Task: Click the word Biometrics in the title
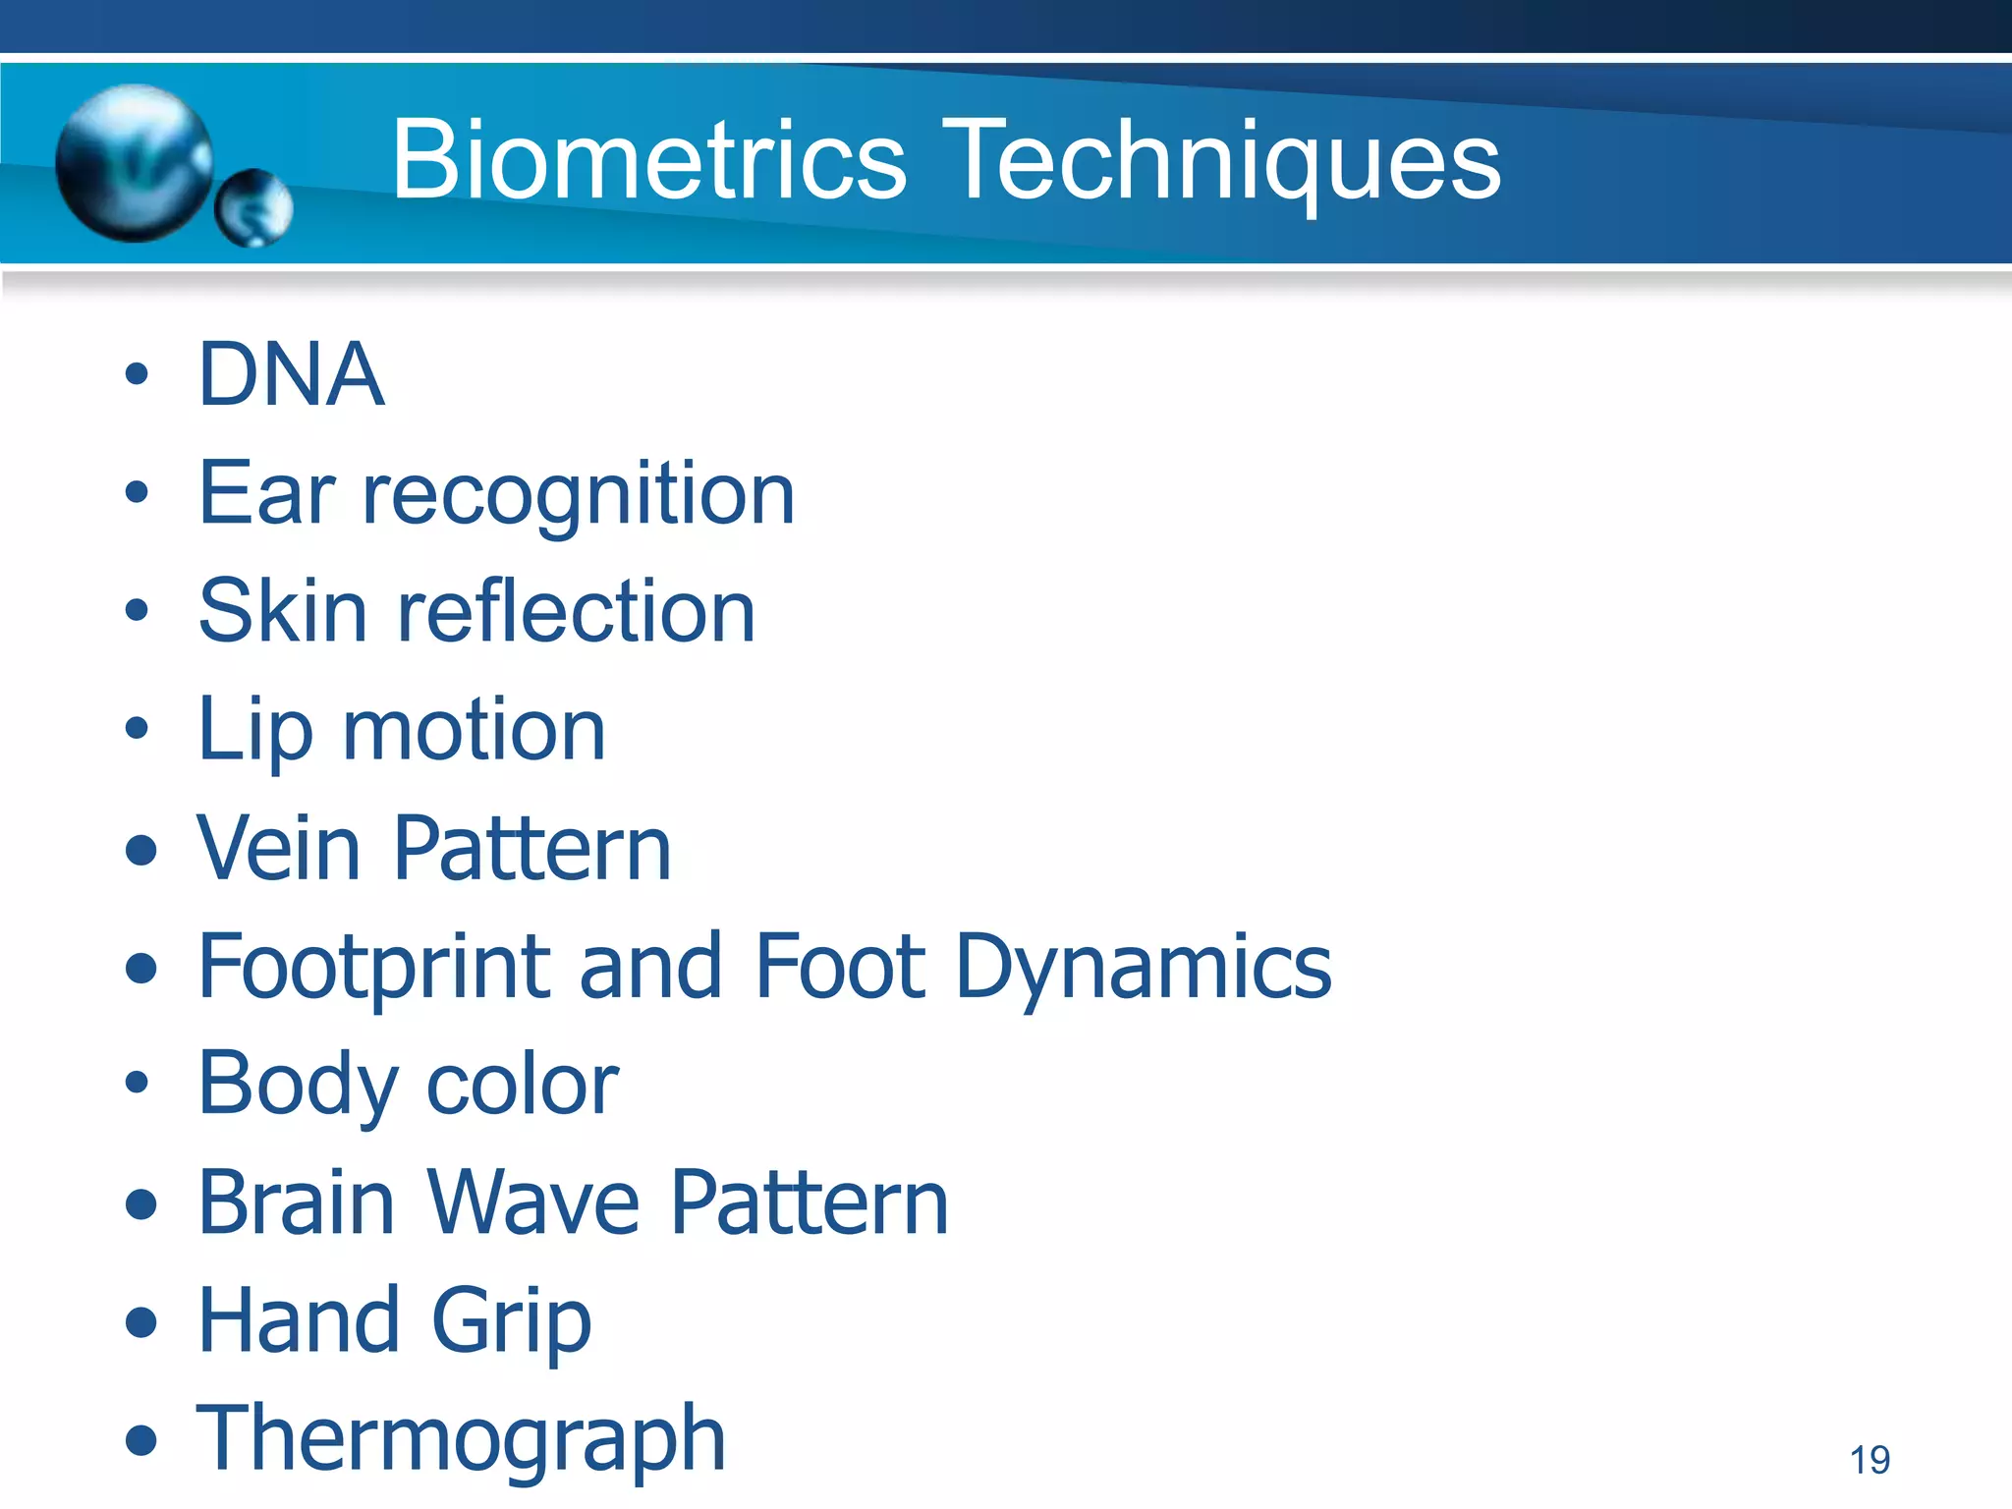tap(648, 160)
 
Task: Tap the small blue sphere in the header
tap(254, 207)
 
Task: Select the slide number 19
tap(1870, 1460)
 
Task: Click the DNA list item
tap(291, 374)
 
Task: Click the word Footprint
tap(373, 969)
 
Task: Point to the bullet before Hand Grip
tap(141, 1322)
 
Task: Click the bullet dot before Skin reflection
tap(137, 611)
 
